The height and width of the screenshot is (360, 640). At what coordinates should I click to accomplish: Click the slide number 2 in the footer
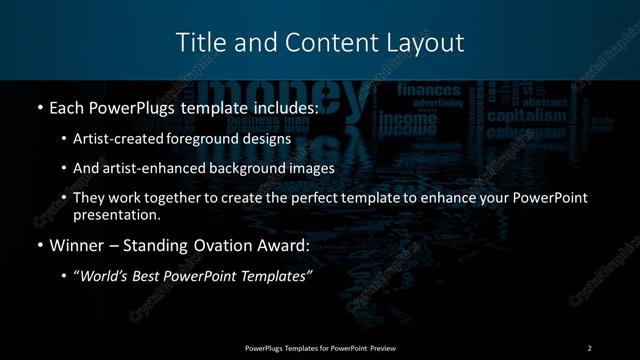click(589, 347)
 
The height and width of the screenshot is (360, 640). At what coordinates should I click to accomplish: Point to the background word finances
click(429, 90)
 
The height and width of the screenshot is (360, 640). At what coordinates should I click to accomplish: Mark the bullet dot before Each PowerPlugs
click(39, 106)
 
